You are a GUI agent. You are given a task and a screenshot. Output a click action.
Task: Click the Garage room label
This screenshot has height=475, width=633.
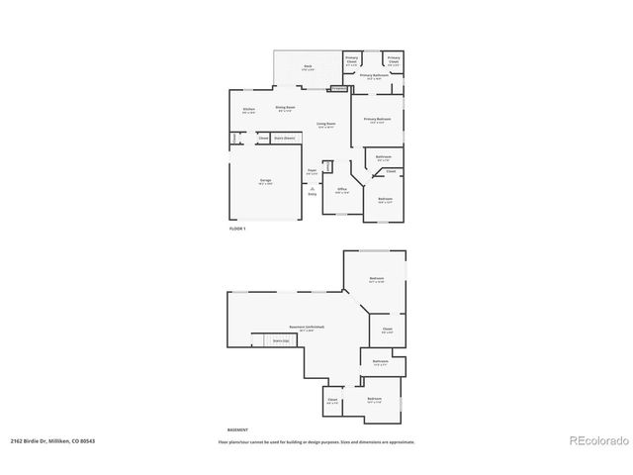tap(265, 181)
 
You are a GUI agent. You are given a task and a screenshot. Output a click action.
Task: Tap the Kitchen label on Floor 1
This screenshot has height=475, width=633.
tap(249, 110)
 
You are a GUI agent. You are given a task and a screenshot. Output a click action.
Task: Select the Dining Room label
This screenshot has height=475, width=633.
tap(286, 108)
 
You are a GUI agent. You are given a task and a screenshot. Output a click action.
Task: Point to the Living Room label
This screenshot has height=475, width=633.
tap(325, 125)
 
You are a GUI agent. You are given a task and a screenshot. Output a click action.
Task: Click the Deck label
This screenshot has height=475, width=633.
tap(308, 67)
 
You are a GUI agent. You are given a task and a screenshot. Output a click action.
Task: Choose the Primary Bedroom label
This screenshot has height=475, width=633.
tap(377, 120)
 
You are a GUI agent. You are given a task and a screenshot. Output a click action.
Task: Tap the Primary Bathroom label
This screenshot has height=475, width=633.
tap(372, 76)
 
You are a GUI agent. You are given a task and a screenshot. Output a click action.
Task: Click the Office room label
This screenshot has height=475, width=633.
tap(341, 189)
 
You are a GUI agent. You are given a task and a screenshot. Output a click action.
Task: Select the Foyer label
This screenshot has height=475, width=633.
tap(312, 171)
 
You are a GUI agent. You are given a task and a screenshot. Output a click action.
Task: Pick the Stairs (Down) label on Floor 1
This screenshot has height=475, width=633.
tap(284, 138)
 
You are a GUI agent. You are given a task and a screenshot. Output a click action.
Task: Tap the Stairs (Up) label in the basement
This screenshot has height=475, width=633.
tap(279, 341)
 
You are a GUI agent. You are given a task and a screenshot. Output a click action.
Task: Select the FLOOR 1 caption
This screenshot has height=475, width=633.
tap(237, 229)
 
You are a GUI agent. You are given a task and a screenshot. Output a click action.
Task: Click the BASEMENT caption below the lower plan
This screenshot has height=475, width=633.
tap(237, 430)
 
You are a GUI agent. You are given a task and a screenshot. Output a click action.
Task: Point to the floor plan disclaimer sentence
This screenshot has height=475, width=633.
tap(316, 442)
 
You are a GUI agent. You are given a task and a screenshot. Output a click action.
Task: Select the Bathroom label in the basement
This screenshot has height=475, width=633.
tap(381, 362)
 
